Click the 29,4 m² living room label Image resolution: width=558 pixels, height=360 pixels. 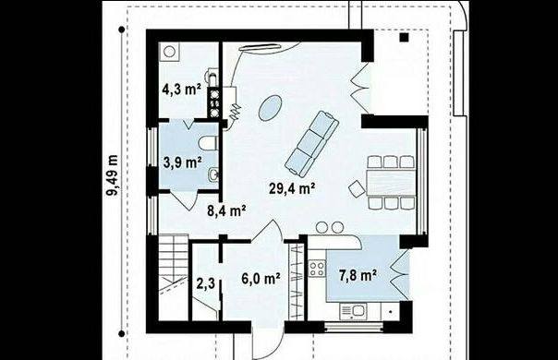292,188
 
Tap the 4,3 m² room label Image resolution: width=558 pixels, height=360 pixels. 181,89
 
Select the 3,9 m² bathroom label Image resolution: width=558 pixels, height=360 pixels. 183,162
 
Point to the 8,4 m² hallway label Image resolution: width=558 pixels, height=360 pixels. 226,211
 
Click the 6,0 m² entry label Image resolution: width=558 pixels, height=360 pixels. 261,278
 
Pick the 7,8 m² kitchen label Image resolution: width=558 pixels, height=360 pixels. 358,276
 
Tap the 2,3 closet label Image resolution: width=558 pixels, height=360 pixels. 206,283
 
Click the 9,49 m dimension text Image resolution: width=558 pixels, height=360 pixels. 113,175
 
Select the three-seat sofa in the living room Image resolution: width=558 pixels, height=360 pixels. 312,144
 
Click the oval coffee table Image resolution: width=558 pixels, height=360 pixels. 270,108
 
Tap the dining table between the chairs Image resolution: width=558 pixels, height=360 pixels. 391,182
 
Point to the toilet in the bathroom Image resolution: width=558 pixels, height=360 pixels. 208,143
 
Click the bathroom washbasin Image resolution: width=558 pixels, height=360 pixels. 213,174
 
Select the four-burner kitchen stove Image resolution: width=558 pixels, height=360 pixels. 317,269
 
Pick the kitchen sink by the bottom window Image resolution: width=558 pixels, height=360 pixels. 353,312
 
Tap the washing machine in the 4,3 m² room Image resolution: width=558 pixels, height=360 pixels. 169,52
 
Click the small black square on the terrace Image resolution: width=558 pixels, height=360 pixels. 404,37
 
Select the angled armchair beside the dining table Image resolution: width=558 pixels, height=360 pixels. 357,188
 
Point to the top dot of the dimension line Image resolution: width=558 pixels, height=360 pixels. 122,30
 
